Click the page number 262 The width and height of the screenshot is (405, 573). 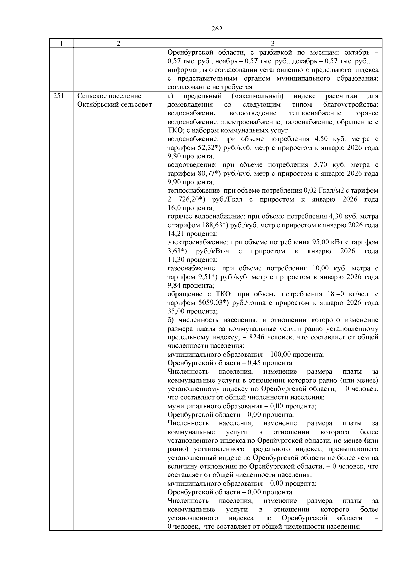pyautogui.click(x=217, y=29)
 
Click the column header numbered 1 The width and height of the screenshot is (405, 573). pyautogui.click(x=61, y=44)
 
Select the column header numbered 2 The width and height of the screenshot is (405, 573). pyautogui.click(x=118, y=44)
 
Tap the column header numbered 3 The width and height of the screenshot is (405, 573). pyautogui.click(x=273, y=44)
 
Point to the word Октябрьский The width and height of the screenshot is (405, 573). pyautogui.click(x=98, y=105)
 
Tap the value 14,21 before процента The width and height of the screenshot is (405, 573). pyautogui.click(x=175, y=234)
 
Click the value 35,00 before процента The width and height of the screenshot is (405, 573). pyautogui.click(x=176, y=311)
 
